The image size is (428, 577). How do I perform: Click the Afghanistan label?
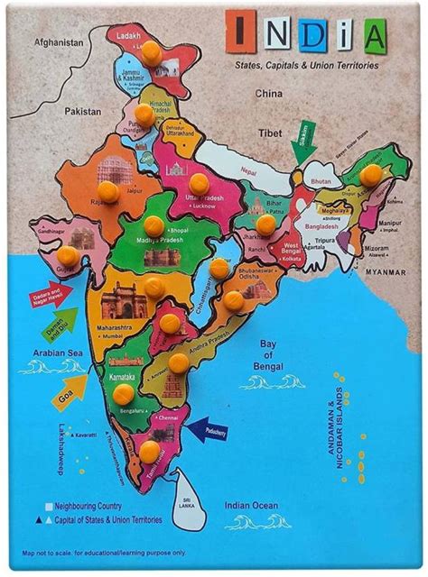point(59,41)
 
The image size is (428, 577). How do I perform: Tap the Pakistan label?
point(83,112)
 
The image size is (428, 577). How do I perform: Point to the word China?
point(269,93)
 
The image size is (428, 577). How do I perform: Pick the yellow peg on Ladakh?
point(153,53)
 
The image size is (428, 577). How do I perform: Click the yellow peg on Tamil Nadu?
point(149,450)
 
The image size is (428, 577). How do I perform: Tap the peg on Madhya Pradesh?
point(154,225)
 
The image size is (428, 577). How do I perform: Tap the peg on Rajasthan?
point(109,191)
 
